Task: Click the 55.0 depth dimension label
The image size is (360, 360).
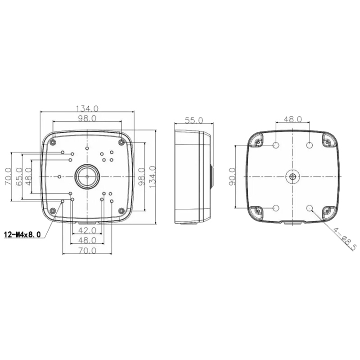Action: point(194,120)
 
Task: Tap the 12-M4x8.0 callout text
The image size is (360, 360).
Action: point(22,234)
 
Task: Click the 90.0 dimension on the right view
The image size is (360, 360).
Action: point(232,176)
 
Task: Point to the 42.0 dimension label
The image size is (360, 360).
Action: point(87,230)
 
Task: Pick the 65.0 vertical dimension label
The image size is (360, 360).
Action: point(19,177)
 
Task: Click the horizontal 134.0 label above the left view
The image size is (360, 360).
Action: point(87,108)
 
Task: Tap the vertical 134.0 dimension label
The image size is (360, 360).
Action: point(153,177)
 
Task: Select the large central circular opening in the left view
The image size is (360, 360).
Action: point(87,176)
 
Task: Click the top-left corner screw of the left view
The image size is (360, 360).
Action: point(53,142)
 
